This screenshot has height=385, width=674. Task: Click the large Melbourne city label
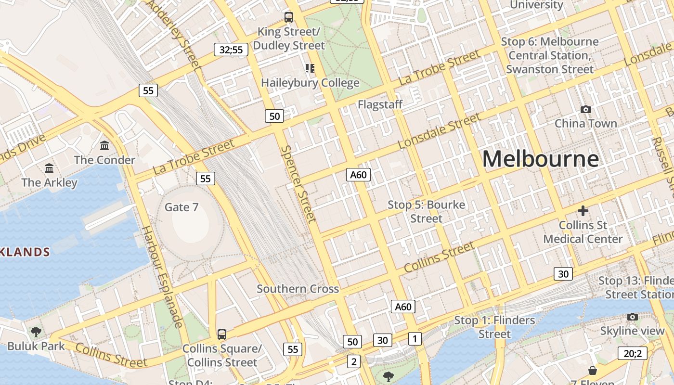point(540,159)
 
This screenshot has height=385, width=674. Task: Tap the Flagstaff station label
point(380,104)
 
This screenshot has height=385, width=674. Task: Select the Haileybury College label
point(310,83)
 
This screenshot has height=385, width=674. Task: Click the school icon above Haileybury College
point(310,68)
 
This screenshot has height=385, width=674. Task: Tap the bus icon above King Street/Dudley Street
point(289,17)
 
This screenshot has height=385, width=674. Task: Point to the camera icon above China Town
point(585,110)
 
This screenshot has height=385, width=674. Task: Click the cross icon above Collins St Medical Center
point(583,211)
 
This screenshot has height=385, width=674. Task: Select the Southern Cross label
point(298,289)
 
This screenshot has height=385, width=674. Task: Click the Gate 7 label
point(181,207)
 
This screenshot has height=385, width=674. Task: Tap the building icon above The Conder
point(104,145)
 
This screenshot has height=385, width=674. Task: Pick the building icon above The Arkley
point(49,168)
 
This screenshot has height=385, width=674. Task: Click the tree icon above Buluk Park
point(36,332)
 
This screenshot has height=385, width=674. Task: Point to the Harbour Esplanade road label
point(161,277)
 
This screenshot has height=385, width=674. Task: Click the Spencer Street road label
point(298,184)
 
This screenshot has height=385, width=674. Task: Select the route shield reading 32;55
point(231,50)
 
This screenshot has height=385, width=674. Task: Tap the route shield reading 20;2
point(633,354)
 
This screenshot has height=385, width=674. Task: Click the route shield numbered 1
point(415,339)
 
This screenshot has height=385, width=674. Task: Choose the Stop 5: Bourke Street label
point(427,212)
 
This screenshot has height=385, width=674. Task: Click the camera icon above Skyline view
point(633,317)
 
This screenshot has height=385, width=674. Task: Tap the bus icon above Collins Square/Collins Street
point(222,334)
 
